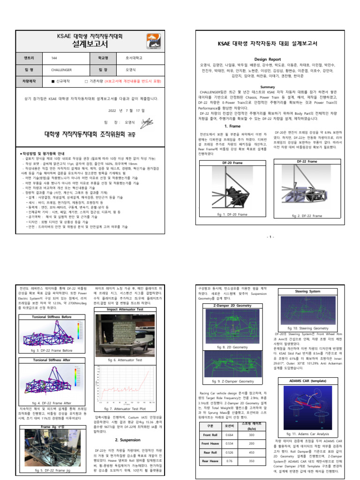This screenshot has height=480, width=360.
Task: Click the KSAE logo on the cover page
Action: (152, 41)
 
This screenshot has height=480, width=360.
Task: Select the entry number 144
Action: (54, 59)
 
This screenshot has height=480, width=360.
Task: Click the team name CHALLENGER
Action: (61, 69)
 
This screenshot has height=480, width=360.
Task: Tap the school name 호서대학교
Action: (134, 59)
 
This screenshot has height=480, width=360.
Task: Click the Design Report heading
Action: (268, 60)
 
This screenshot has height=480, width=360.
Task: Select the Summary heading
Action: (268, 87)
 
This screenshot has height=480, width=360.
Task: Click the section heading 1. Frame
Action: (232, 126)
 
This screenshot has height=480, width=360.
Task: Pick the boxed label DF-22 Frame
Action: (307, 161)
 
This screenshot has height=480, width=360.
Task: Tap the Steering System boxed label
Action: (307, 291)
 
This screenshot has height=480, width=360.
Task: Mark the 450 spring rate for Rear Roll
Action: (252, 452)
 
